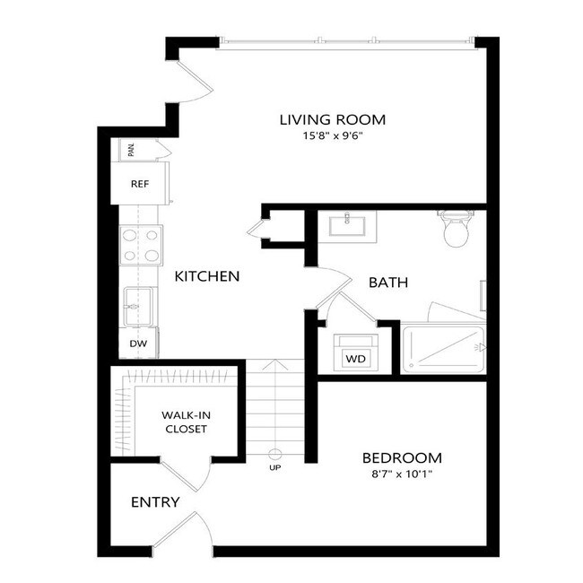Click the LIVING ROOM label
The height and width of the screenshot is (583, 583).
click(x=332, y=119)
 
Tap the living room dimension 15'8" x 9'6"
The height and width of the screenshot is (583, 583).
click(x=332, y=136)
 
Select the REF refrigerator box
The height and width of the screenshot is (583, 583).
click(x=140, y=184)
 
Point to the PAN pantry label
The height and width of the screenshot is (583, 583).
click(x=132, y=149)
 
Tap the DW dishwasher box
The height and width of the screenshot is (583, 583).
click(x=139, y=344)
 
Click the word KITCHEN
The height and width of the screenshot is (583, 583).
click(x=207, y=276)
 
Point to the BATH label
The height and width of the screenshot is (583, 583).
click(x=388, y=283)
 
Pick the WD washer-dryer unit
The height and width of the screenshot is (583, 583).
click(x=356, y=358)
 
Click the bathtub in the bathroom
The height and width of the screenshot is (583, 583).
click(x=444, y=350)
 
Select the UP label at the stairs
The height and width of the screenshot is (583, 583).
click(x=275, y=466)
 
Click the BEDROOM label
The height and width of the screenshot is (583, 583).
click(x=401, y=457)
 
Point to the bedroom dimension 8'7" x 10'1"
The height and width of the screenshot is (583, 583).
click(x=401, y=474)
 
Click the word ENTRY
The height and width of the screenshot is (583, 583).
click(x=155, y=502)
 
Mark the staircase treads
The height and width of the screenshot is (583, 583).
click(x=275, y=408)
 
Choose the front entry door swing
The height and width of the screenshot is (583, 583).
click(x=184, y=529)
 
